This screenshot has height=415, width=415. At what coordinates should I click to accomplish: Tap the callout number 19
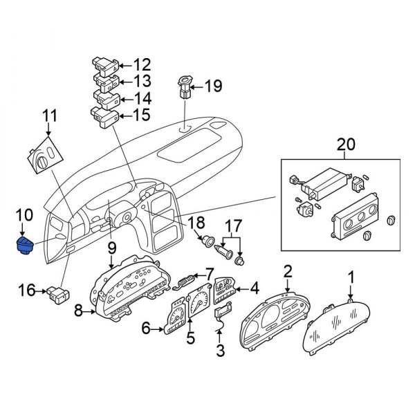click(x=213, y=87)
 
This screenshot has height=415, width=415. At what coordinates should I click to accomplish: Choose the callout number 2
click(x=288, y=271)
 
